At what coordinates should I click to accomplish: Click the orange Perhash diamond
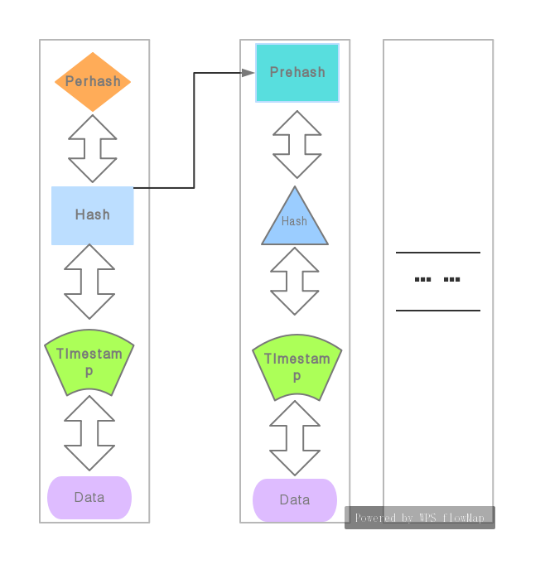(93, 82)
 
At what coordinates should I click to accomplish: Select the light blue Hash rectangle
(92, 215)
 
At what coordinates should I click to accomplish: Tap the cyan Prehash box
(297, 73)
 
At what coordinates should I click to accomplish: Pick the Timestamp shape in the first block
(89, 362)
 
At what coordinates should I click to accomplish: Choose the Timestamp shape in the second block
(297, 367)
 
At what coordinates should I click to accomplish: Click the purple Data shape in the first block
(89, 498)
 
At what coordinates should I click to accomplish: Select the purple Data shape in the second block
(295, 500)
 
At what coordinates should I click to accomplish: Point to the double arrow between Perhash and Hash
(93, 148)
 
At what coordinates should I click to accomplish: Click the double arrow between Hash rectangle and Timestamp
(89, 282)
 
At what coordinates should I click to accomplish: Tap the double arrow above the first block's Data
(89, 433)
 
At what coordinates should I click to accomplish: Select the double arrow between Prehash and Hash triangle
(297, 144)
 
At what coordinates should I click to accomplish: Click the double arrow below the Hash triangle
(295, 282)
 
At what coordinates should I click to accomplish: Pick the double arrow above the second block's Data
(295, 439)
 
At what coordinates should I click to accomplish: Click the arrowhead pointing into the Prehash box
(249, 73)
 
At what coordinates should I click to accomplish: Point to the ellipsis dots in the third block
(437, 280)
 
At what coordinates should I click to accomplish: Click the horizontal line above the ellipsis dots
(437, 253)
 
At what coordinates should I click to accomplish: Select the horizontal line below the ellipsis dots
(437, 311)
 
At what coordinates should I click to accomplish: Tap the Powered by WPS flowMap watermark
(419, 518)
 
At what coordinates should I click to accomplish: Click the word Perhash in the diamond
(93, 81)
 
